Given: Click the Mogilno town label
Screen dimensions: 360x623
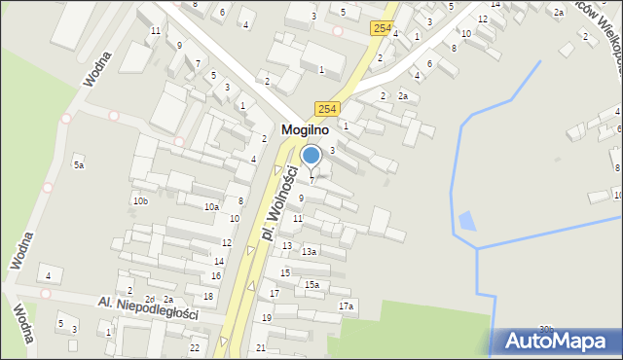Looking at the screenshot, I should pyautogui.click(x=305, y=128).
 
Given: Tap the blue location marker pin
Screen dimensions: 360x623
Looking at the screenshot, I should pyautogui.click(x=311, y=156).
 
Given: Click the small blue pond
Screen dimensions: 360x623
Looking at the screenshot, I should pyautogui.click(x=467, y=222).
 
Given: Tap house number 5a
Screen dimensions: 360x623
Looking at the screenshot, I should pyautogui.click(x=79, y=165).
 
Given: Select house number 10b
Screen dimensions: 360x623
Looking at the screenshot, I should pyautogui.click(x=141, y=200).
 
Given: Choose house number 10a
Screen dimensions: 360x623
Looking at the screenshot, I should pyautogui.click(x=211, y=206).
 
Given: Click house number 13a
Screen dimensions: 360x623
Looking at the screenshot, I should pyautogui.click(x=309, y=252).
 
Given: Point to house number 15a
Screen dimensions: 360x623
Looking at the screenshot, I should pyautogui.click(x=311, y=284).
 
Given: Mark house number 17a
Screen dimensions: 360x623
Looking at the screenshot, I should pyautogui.click(x=345, y=306).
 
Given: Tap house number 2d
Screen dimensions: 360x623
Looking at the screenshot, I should pyautogui.click(x=150, y=299).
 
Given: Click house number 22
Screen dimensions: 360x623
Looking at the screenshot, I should pyautogui.click(x=195, y=347).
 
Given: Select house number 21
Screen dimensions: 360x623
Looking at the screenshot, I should pyautogui.click(x=261, y=347).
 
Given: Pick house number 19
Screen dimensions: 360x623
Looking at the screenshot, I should pyautogui.click(x=267, y=318).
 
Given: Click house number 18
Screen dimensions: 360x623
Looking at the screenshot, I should pyautogui.click(x=208, y=296).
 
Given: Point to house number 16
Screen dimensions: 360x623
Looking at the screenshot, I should pyautogui.click(x=216, y=276).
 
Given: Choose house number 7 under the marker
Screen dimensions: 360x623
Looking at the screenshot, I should pyautogui.click(x=311, y=180).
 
